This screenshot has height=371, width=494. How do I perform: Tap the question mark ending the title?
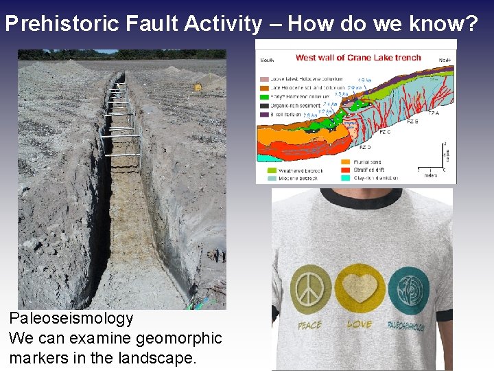pyautogui.click(x=471, y=24)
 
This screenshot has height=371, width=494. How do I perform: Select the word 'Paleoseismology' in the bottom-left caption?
pyautogui.click(x=71, y=319)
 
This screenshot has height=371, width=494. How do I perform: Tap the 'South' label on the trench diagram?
pyautogui.click(x=267, y=60)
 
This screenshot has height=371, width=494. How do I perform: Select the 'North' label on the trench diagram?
pyautogui.click(x=445, y=60)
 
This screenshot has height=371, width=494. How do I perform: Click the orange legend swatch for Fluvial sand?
pyautogui.click(x=346, y=162)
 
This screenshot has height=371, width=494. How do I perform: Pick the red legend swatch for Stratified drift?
pyautogui.click(x=346, y=170)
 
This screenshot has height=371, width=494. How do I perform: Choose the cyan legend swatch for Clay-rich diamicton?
pyautogui.click(x=346, y=178)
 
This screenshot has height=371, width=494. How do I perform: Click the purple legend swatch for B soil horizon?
pyautogui.click(x=264, y=114)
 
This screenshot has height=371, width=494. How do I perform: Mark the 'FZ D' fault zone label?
pyautogui.click(x=366, y=146)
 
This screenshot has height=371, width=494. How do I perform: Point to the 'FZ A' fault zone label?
pyautogui.click(x=434, y=113)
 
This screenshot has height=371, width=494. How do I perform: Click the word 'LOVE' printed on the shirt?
pyautogui.click(x=360, y=324)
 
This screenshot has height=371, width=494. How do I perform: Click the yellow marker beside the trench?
pyautogui.click(x=198, y=87)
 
